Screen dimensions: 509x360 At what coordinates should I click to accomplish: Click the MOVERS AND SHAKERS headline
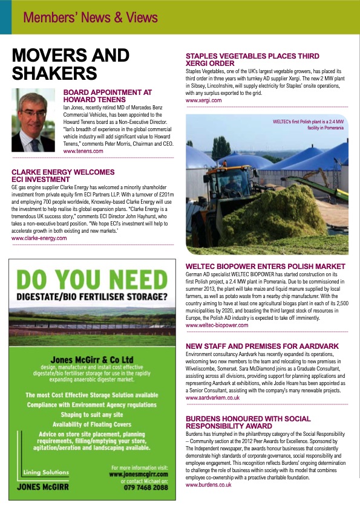[x=71, y=64]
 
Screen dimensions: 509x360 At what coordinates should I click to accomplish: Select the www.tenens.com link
[x=83, y=151]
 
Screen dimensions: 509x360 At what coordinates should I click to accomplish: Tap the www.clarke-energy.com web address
[x=39, y=238]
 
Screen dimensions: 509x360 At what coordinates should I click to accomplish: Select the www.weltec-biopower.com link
[x=217, y=325]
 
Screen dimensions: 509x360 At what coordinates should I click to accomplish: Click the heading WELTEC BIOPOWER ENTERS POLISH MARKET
[x=266, y=267]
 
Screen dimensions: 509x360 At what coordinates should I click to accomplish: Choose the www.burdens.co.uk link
[x=209, y=485]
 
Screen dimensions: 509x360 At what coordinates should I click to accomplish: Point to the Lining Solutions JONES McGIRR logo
[x=42, y=480]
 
